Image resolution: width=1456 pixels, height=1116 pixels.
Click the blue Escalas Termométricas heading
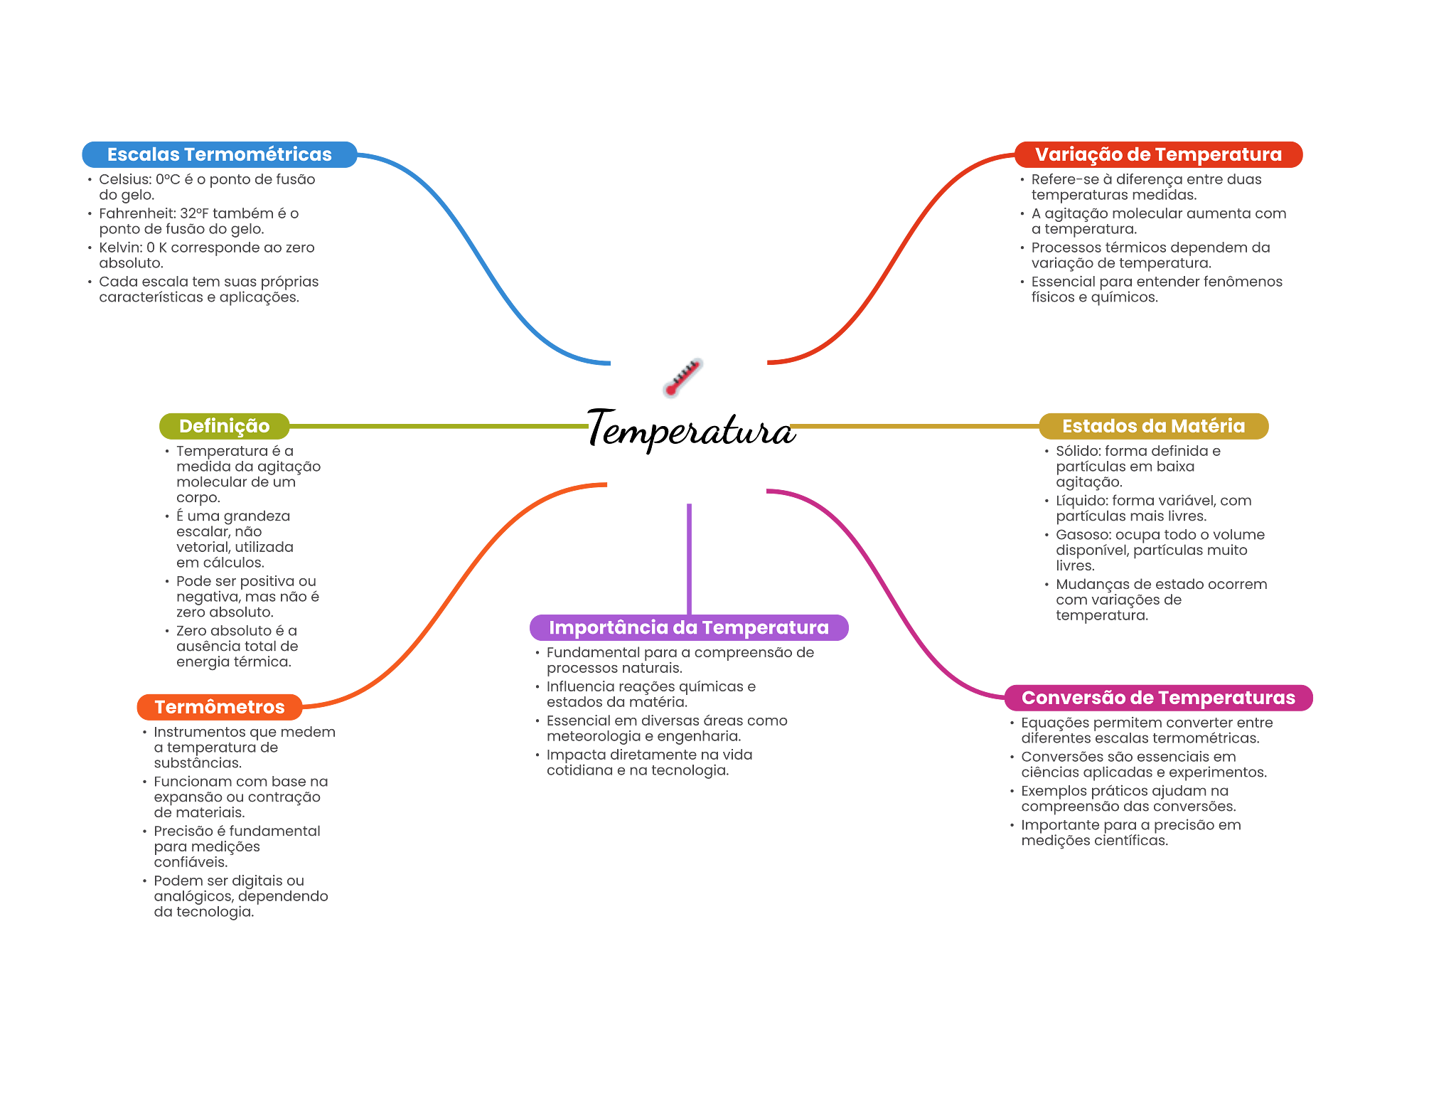219,154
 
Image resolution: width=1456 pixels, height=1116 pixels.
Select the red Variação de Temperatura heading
1158,154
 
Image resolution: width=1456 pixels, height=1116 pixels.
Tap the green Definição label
224,426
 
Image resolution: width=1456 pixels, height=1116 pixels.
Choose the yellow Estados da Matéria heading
1153,426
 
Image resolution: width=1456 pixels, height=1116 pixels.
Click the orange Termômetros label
219,707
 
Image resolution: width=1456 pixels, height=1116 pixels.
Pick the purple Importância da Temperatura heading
688,627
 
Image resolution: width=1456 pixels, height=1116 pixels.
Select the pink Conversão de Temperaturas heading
1158,698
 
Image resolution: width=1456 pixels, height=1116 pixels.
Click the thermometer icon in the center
682,378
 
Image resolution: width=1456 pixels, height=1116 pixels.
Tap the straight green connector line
441,426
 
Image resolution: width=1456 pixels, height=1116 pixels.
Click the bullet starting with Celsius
206,187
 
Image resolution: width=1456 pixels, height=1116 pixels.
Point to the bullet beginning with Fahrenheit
199,221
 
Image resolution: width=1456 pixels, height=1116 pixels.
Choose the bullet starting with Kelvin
206,255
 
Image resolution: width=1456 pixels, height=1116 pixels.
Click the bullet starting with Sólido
1137,467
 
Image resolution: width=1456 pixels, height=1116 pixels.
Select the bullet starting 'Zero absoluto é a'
237,646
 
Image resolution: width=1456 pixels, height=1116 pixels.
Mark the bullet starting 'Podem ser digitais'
240,896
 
